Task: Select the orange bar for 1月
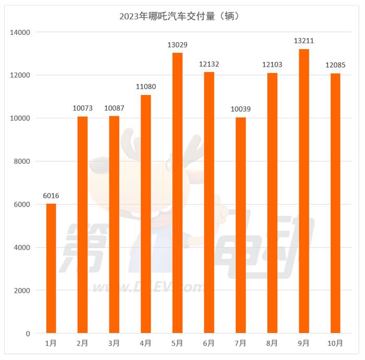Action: tap(51, 268)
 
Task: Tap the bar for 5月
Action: tap(177, 193)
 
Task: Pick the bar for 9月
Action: tap(303, 191)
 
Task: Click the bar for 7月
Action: tap(240, 225)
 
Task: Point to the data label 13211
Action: tap(303, 41)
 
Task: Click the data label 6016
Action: tap(51, 196)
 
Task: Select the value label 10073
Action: tap(82, 109)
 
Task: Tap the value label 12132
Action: tap(209, 64)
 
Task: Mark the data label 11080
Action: tap(146, 87)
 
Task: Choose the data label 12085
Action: tap(335, 65)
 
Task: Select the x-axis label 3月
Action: tap(114, 343)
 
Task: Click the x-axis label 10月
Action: tap(335, 343)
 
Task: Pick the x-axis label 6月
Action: tap(209, 343)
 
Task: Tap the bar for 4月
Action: tap(146, 214)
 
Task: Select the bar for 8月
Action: tap(272, 203)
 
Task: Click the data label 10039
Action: tap(240, 109)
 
